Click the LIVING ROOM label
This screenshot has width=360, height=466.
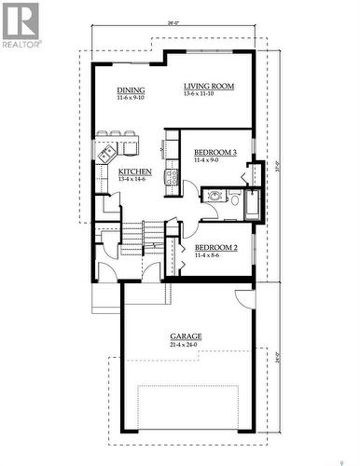coord(209,86)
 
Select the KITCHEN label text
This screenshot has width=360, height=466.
coord(135,171)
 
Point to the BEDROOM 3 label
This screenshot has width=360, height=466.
coord(215,152)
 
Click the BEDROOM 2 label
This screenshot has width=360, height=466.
coord(215,247)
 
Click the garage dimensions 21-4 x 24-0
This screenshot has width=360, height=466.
coord(187,345)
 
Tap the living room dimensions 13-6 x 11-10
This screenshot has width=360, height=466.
coord(209,94)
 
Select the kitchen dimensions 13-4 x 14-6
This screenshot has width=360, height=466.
coord(135,179)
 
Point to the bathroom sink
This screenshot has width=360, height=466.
coord(215,197)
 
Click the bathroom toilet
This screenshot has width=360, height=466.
coord(234,197)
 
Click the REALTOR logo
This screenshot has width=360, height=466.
coord(21,23)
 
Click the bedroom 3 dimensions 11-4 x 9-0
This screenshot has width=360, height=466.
coord(215,160)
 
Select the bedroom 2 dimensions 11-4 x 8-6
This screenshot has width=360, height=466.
coord(215,255)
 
